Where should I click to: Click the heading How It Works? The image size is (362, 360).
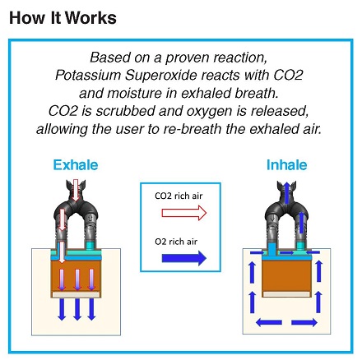(63, 18)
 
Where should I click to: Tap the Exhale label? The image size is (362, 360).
(76, 165)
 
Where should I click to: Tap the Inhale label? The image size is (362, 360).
(286, 165)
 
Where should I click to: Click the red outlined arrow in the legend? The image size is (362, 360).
(184, 213)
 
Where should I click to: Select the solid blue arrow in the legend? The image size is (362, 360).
(184, 258)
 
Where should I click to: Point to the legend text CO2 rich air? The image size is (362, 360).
(179, 196)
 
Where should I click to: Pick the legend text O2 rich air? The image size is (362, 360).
(176, 242)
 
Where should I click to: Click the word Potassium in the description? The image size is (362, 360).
(88, 75)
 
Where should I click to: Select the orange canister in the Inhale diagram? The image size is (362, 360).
(286, 275)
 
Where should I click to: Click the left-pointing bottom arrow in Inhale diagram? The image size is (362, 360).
(269, 322)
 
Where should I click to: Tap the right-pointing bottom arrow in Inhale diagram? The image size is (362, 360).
(304, 322)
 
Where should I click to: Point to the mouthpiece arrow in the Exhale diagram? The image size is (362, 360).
(76, 191)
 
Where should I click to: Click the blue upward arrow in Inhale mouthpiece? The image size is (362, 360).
(286, 192)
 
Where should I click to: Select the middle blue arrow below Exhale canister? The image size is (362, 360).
(77, 309)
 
